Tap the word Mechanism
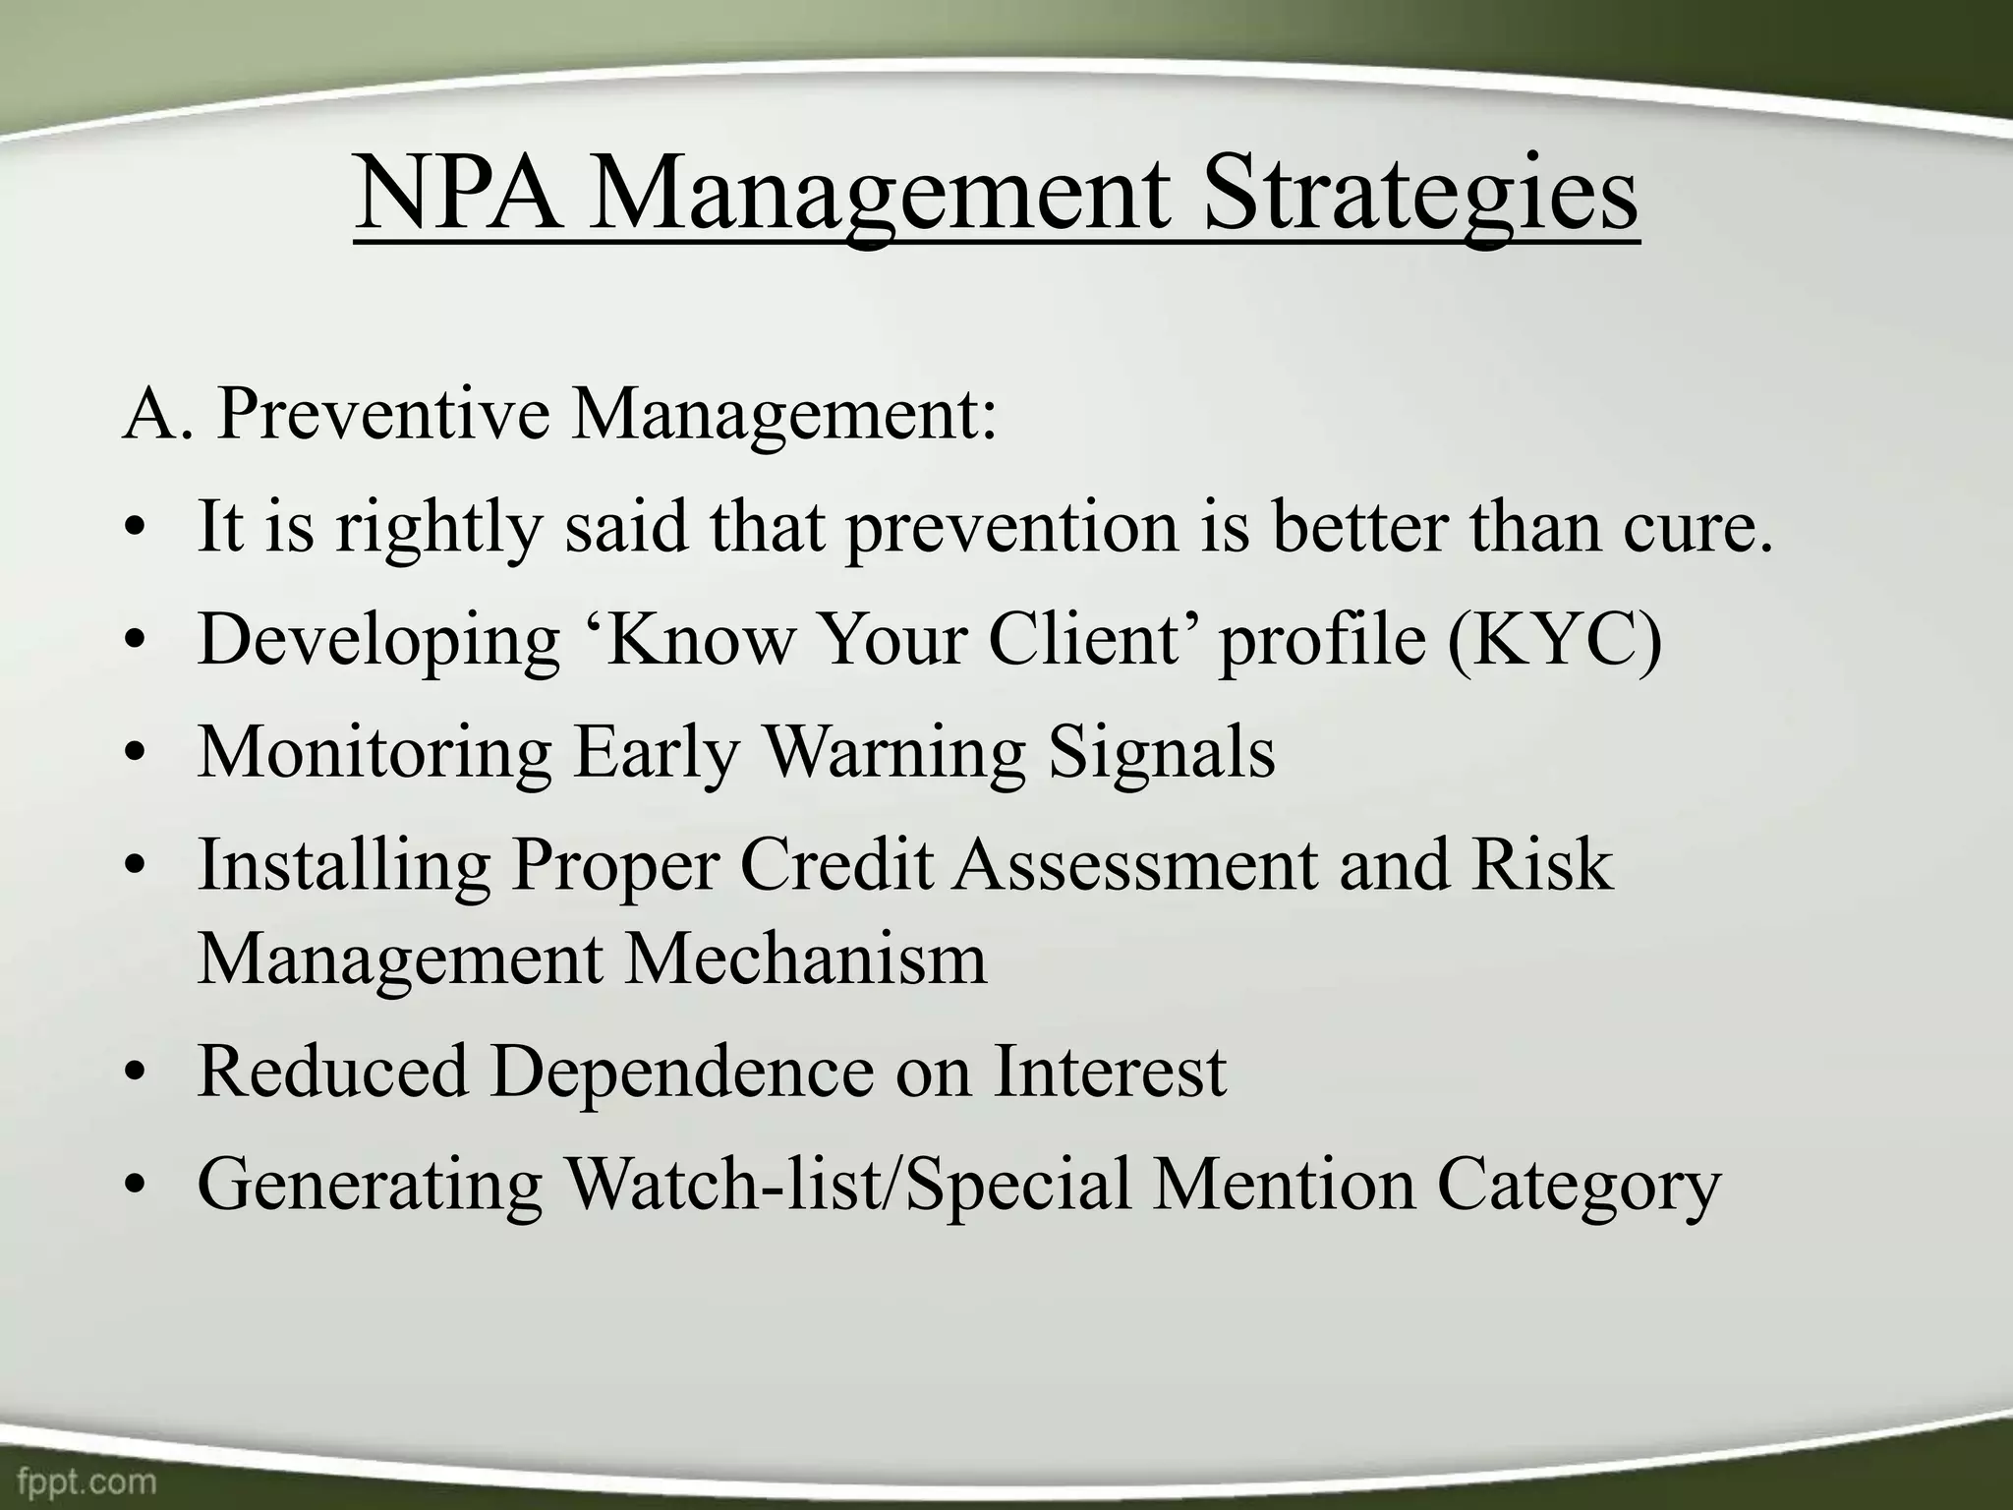805,958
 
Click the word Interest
1110,1071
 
